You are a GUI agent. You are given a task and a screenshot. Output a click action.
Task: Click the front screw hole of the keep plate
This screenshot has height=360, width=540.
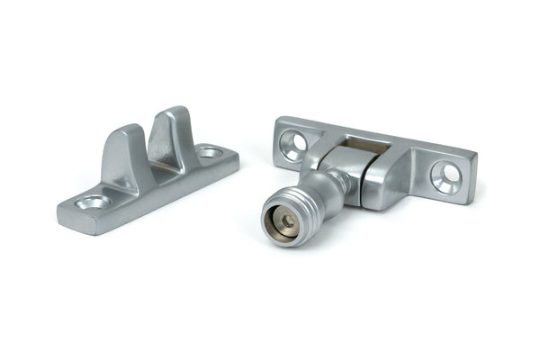click(x=94, y=202)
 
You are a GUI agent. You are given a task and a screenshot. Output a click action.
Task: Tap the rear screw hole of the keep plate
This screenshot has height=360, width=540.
click(x=210, y=153)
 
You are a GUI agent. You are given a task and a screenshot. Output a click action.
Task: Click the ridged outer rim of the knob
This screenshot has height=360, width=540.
click(x=310, y=202)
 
